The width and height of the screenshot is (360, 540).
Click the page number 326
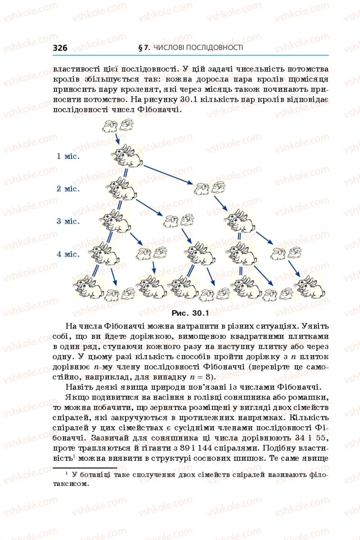pyautogui.click(x=60, y=48)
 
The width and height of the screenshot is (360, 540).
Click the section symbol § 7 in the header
pyautogui.click(x=144, y=48)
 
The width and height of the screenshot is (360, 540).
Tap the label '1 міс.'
pyautogui.click(x=68, y=156)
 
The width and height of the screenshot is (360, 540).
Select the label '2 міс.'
pyautogui.click(x=68, y=189)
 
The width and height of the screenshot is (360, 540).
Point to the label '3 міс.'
pyautogui.click(x=68, y=221)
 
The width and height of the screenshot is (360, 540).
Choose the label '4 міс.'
pyautogui.click(x=68, y=254)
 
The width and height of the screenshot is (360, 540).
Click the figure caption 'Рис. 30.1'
pyautogui.click(x=190, y=313)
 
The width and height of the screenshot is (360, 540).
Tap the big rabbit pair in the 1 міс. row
pyautogui.click(x=126, y=156)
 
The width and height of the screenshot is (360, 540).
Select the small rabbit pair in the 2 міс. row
pyautogui.click(x=210, y=188)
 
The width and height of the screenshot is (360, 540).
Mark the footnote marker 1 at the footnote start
pyautogui.click(x=66, y=473)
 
